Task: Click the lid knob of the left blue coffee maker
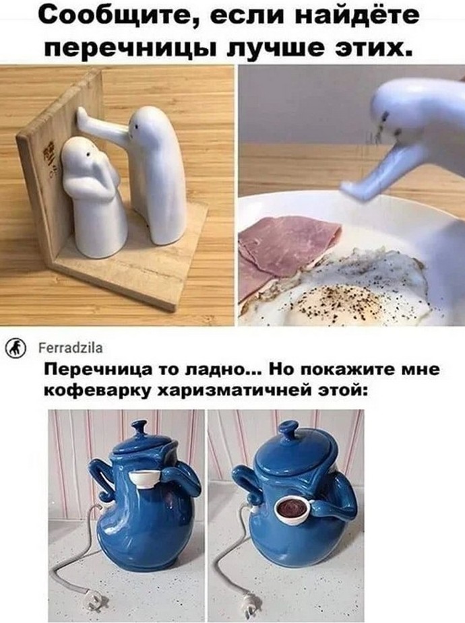pos(139,427)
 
